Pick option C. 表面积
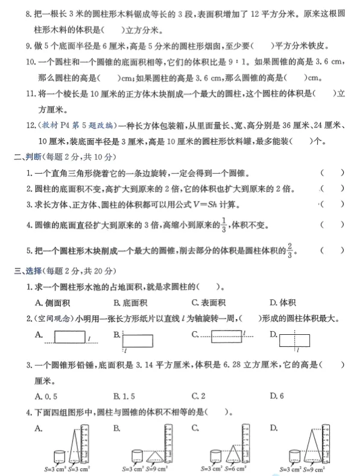(x=209, y=303)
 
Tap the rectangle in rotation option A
(x=71, y=337)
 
